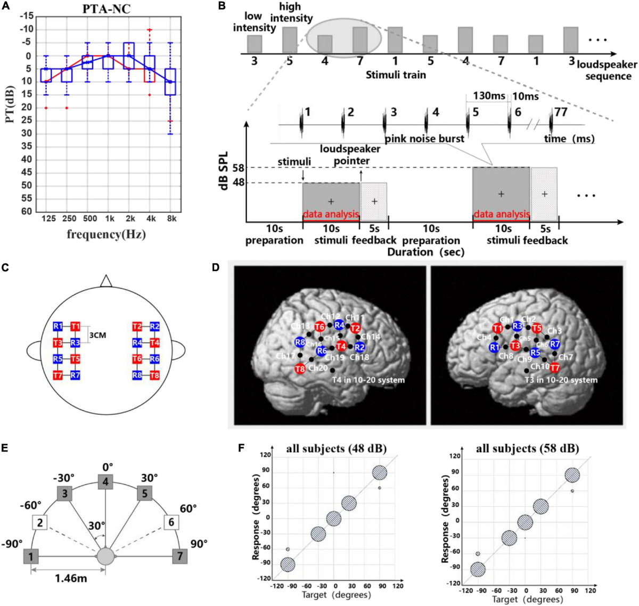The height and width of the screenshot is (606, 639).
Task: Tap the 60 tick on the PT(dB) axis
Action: point(26,211)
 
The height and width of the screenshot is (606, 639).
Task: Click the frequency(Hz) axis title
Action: point(106,234)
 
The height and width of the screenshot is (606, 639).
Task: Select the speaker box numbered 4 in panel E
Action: point(105,482)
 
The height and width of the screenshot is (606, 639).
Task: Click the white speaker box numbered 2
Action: point(40,522)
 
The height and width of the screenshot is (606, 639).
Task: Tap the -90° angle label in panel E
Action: point(12,544)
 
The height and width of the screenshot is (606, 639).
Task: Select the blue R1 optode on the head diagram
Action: point(58,326)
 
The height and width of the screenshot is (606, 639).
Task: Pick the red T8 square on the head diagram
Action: point(154,375)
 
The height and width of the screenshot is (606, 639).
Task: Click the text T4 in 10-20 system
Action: point(368,380)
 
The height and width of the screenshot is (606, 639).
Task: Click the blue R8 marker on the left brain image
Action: point(300,343)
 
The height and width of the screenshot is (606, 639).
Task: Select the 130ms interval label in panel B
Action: point(488,96)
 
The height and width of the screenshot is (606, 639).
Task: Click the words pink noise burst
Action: point(424,138)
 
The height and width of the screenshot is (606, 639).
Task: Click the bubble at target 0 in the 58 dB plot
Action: point(525,523)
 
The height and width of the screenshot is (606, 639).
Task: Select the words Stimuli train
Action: point(396,75)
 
